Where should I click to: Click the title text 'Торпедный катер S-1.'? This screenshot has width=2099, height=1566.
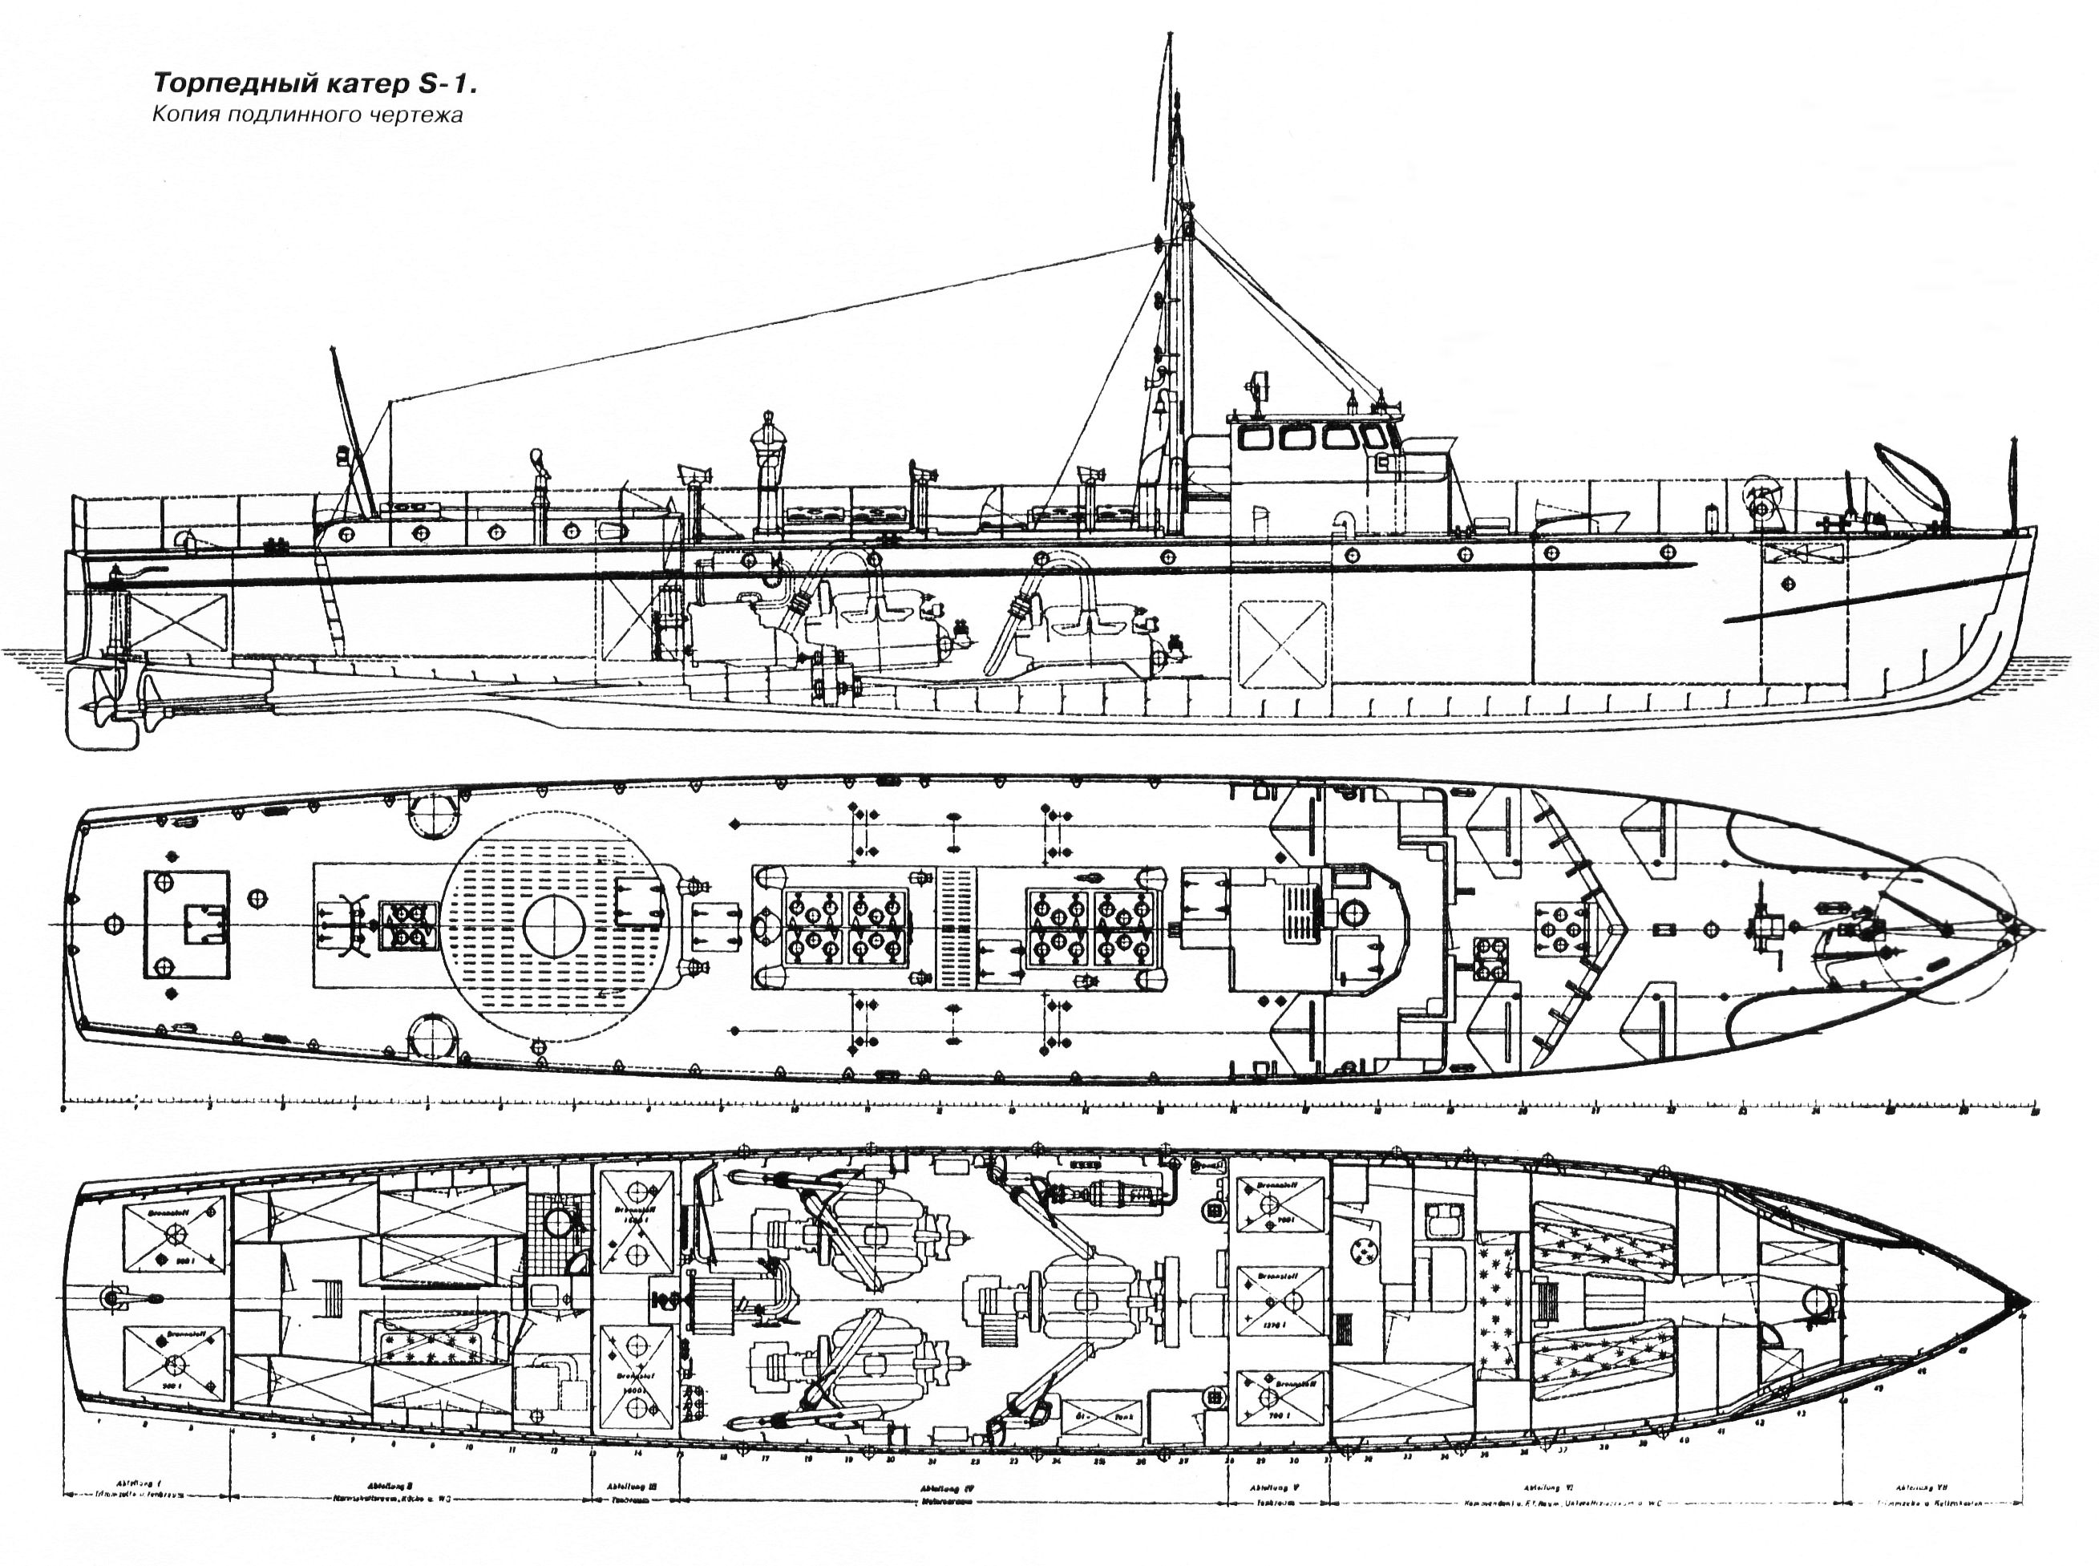click(x=313, y=84)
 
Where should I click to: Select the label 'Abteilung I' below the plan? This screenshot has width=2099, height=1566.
click(x=144, y=1486)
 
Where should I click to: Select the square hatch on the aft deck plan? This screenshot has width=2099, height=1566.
click(x=187, y=925)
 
